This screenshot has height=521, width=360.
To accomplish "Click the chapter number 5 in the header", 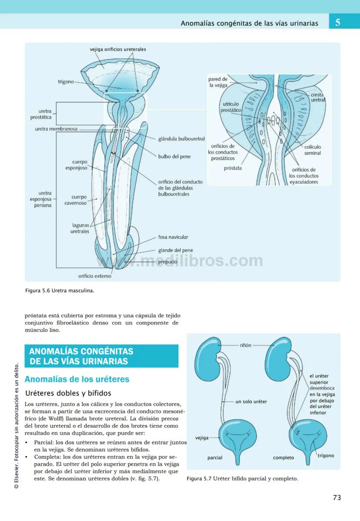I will point(338,22).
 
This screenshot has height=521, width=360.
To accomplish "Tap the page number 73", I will point(337,498).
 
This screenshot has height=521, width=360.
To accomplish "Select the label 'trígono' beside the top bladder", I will point(66,82).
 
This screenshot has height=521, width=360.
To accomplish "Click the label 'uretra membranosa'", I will point(56,129).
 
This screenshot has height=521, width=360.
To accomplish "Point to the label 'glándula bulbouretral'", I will point(181,139).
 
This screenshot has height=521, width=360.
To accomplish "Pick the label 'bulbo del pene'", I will point(174,156).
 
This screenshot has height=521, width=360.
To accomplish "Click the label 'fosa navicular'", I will point(173,237).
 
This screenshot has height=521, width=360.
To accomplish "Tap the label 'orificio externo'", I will point(94,276).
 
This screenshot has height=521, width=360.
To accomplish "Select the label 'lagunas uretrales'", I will point(80,228).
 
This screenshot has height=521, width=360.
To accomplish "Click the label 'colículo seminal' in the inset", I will point(312,150).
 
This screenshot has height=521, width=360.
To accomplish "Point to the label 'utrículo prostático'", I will point(231,107).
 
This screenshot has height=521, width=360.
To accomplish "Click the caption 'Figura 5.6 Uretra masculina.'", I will point(60,291).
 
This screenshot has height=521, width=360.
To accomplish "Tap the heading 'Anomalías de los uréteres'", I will point(77,379).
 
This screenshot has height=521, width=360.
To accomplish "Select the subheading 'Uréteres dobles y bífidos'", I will point(68,393).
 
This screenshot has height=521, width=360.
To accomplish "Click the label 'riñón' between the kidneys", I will point(246,345).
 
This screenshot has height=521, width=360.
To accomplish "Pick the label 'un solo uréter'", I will point(251,401).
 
